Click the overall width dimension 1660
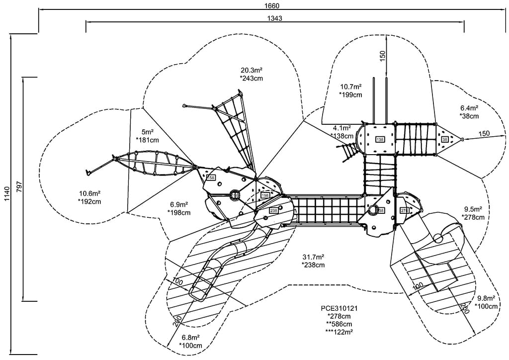point(272,6)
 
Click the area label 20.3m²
point(252,70)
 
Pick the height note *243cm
point(252,78)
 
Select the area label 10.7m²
point(350,86)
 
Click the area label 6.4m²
point(469,108)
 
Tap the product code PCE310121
point(339,308)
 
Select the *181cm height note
point(147,140)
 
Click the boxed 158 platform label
point(211,178)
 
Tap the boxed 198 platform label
point(265,195)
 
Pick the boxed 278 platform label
point(404,211)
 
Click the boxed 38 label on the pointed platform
point(444,139)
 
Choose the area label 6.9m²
point(179,204)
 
